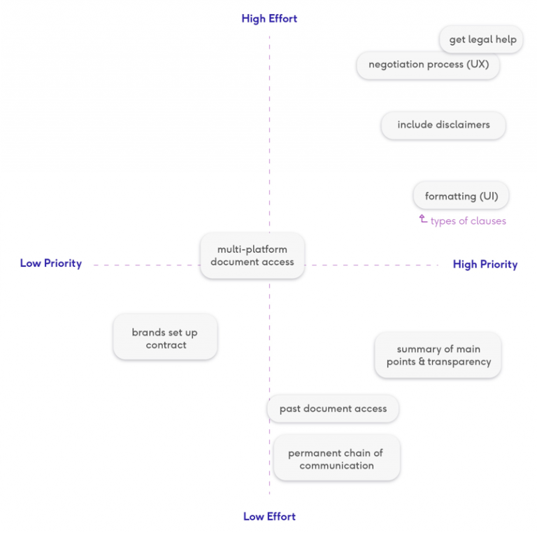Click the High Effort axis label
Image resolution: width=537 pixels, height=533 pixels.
[x=269, y=18]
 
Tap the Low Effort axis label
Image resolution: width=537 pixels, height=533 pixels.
[x=269, y=516]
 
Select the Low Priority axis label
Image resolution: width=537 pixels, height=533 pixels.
[x=50, y=263]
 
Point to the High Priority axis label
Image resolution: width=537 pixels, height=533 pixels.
[x=485, y=264]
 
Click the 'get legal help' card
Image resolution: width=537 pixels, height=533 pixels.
[x=481, y=39]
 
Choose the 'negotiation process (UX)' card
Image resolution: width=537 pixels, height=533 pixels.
[x=428, y=64]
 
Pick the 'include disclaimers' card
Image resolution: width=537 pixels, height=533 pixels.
[x=443, y=125]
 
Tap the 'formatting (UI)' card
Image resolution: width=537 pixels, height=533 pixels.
[x=461, y=196]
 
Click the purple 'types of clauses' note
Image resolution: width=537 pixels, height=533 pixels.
[x=468, y=221]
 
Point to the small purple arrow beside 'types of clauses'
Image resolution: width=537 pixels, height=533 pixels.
[x=423, y=219]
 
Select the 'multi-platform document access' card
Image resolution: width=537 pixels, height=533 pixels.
[x=252, y=256]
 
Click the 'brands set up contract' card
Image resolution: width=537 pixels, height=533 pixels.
[x=166, y=337]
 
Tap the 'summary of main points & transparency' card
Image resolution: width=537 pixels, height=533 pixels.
[x=438, y=355]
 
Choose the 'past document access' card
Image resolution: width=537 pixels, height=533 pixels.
[x=333, y=408]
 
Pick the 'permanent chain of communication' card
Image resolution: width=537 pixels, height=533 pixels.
[x=336, y=458]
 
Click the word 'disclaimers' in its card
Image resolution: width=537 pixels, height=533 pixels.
[x=463, y=125]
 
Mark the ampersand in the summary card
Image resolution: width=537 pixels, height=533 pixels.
[x=422, y=361]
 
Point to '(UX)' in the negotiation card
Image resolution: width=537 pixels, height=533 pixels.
[x=478, y=64]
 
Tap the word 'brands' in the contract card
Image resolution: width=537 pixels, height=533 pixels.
[x=149, y=333]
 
